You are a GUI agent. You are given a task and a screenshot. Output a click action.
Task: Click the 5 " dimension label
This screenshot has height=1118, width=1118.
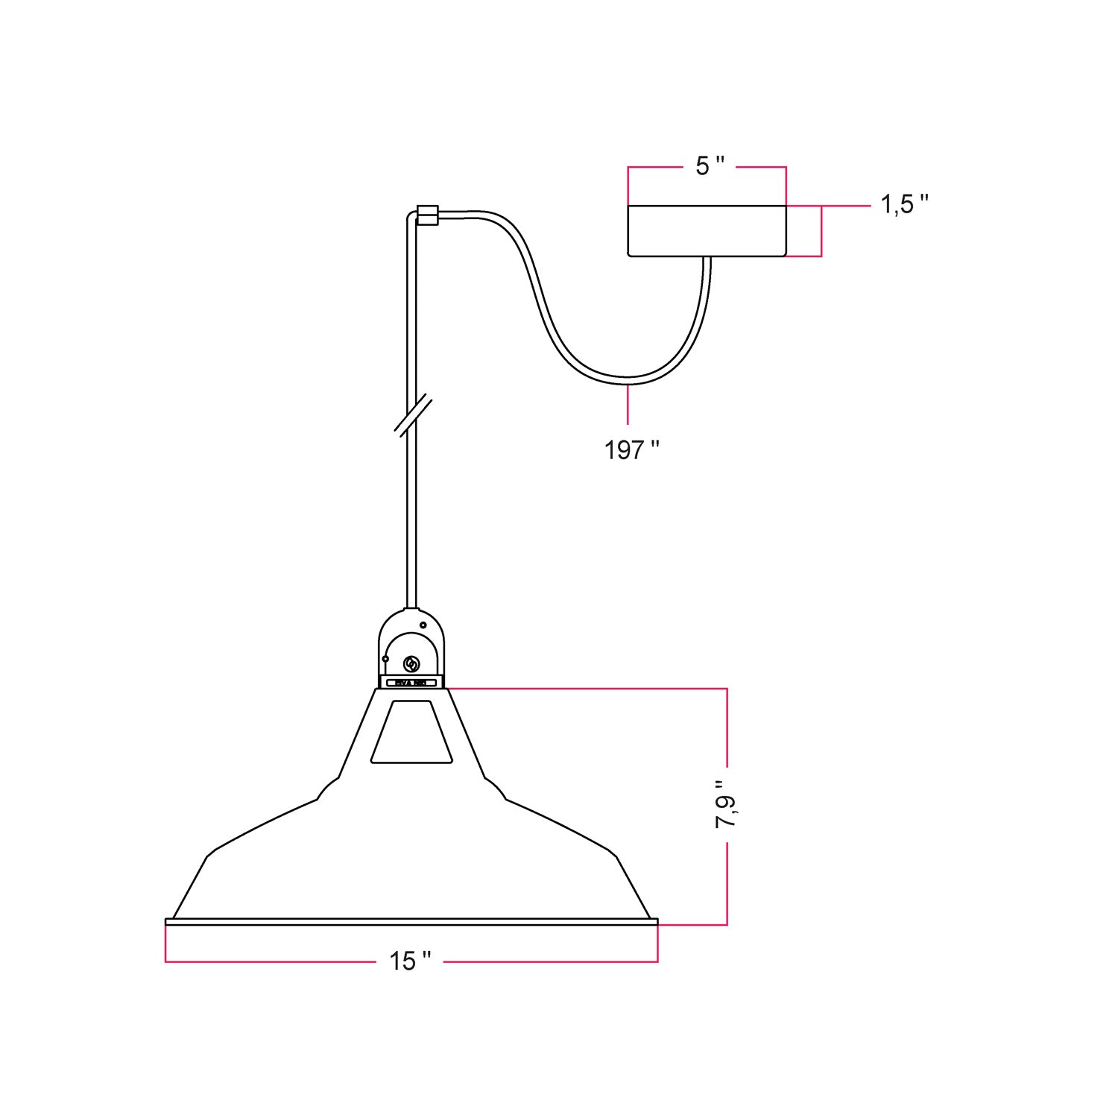point(709,167)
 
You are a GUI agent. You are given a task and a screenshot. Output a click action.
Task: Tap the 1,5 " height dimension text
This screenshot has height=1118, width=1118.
point(904,204)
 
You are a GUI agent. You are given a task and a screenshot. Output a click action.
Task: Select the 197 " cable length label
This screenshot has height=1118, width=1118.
point(631,450)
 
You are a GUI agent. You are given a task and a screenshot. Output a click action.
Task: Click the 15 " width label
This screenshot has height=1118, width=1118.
point(409,961)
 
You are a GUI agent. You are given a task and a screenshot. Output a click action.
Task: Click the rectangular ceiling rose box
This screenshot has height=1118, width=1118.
point(707,231)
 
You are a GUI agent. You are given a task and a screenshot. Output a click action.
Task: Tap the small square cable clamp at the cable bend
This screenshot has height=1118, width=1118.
point(428,215)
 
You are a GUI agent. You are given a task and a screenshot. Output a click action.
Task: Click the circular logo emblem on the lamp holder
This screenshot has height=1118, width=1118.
point(411,663)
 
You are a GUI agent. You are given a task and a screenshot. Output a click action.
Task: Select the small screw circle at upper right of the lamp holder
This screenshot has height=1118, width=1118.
point(423,625)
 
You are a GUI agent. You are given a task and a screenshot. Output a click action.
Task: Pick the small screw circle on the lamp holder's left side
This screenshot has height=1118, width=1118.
point(385,659)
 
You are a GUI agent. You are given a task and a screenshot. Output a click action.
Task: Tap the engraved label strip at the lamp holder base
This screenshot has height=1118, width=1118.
point(411,681)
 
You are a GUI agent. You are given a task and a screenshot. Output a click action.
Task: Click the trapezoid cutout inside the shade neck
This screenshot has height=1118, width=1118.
point(411,732)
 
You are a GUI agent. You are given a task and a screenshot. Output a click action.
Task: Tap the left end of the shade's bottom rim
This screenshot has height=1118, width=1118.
point(167,922)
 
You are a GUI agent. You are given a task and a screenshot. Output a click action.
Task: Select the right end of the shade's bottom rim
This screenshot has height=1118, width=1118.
point(656,922)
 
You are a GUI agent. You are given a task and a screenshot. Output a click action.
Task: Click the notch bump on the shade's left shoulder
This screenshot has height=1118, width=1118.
point(326,789)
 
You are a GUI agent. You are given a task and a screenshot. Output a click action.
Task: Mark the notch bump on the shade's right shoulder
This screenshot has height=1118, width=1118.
point(496,789)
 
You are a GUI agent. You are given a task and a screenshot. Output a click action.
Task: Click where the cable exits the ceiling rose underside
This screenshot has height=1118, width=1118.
point(707,259)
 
